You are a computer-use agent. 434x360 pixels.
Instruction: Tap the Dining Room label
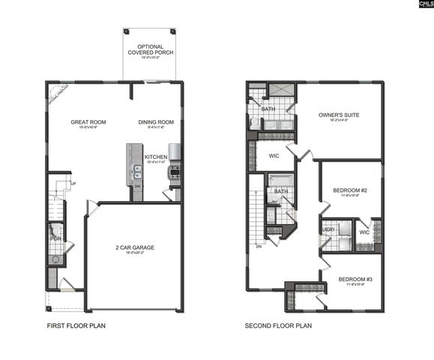[x=156, y=121]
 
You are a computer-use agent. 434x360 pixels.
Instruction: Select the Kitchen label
[x=156, y=157]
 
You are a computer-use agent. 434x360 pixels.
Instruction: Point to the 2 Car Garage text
[x=136, y=247]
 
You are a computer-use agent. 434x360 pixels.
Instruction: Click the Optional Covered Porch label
[x=151, y=50]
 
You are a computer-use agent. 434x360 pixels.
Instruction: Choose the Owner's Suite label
[x=339, y=115]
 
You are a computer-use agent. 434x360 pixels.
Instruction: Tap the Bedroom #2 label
[x=349, y=190]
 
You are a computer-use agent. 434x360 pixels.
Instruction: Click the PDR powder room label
[x=55, y=238]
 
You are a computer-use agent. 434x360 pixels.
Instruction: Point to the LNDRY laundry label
[x=328, y=229]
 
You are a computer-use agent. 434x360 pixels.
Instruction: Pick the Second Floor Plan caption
[x=278, y=326]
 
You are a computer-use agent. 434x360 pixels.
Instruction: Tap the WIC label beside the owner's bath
[x=274, y=156]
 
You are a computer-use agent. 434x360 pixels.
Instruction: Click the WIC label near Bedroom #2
[x=364, y=232]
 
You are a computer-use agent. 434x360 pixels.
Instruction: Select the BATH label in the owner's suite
[x=266, y=108]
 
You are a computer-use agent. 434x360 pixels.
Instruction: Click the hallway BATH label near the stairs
[x=281, y=191]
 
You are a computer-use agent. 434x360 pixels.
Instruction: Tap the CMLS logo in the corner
[x=421, y=6]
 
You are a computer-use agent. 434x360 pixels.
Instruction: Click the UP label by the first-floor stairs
[x=73, y=184]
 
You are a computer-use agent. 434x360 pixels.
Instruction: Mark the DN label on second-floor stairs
[x=259, y=246]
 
